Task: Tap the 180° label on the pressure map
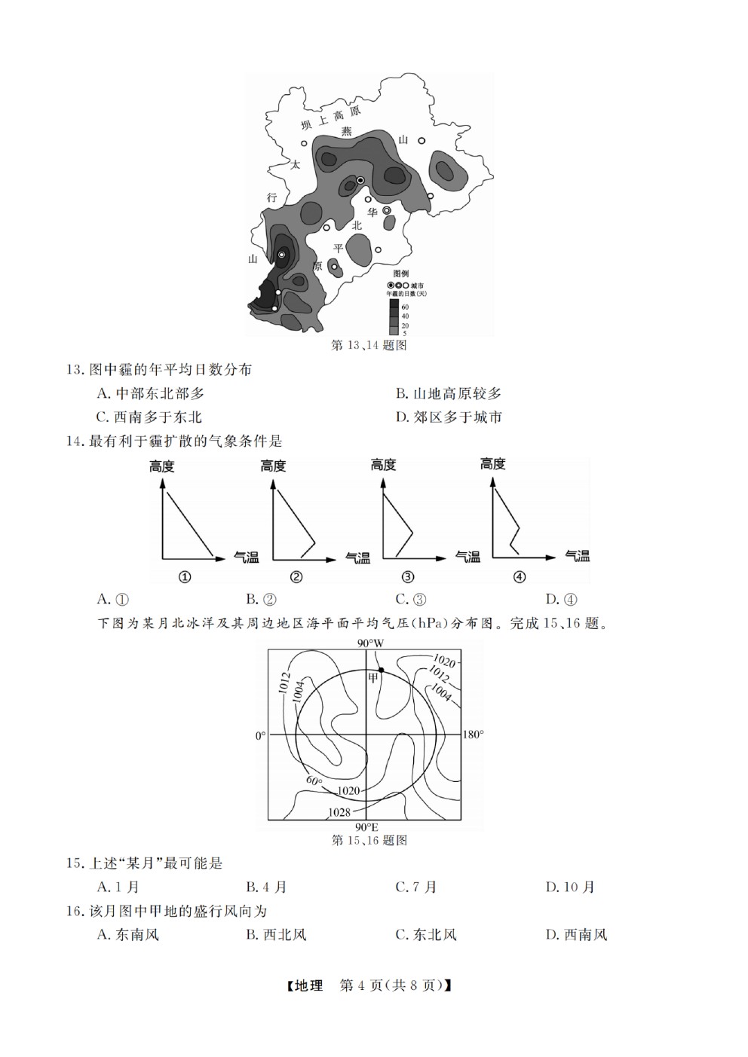[x=474, y=735]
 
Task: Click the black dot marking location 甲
[x=381, y=670]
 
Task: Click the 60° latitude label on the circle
[x=314, y=781]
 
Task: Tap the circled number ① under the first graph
[x=185, y=576]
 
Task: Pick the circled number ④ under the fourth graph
[x=519, y=576]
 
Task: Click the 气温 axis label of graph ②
[x=358, y=558]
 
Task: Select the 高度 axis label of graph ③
[x=383, y=466]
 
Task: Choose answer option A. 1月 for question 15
[x=118, y=887]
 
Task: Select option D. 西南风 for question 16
[x=576, y=934]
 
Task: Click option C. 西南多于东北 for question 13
[x=149, y=417]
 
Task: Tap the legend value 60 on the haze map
[x=405, y=307]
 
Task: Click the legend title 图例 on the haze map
[x=401, y=273]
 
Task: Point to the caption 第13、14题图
[x=369, y=345]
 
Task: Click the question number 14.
[x=75, y=441]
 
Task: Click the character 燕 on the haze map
[x=347, y=130]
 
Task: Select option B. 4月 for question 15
[x=266, y=887]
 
